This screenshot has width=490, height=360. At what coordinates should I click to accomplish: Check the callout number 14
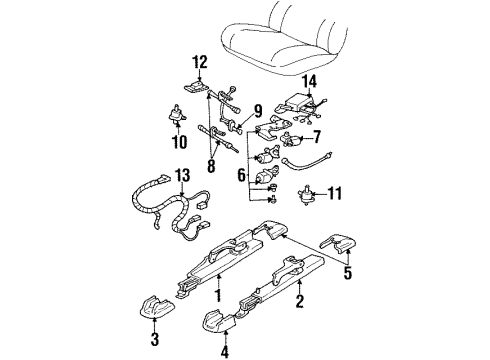pyautogui.click(x=310, y=79)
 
